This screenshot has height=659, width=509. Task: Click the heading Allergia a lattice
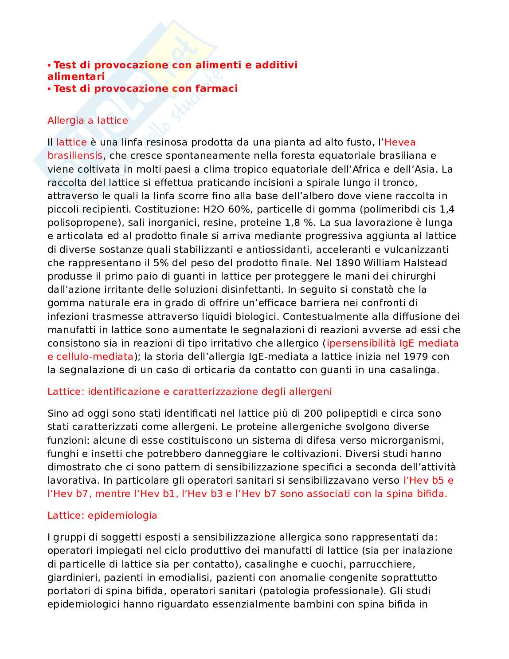(87, 120)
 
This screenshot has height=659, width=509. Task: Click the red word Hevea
(400, 142)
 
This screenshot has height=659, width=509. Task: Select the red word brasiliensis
(75, 156)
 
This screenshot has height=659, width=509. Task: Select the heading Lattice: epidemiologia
(102, 515)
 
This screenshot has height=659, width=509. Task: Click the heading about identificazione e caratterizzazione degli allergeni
(189, 391)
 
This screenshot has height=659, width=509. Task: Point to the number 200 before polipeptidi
(313, 413)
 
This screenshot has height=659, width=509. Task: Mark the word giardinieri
(70, 577)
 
